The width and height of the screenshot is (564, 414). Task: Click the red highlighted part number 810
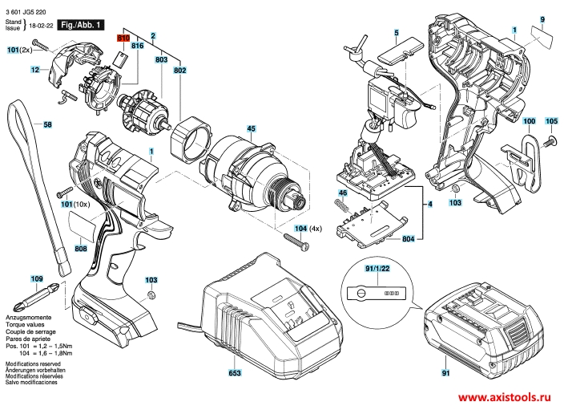tap(123, 38)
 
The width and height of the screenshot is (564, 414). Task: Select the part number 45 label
tap(251, 129)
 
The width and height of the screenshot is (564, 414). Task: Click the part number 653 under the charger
tap(235, 374)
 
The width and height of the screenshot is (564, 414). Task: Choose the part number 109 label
tap(36, 278)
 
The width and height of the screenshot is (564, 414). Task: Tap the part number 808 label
tap(81, 249)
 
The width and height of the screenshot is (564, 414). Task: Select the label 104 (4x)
tap(309, 229)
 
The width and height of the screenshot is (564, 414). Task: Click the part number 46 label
tap(342, 194)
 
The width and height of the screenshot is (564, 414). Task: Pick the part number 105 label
tap(551, 121)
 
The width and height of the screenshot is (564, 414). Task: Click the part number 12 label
tap(35, 71)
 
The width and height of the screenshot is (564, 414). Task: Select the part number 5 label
tap(396, 33)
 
